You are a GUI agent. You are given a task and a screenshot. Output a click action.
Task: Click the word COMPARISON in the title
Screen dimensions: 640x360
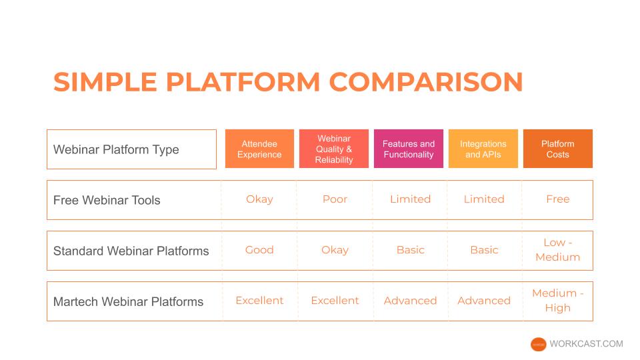point(426,81)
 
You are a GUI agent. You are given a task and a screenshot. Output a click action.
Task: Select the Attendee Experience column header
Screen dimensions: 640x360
point(259,149)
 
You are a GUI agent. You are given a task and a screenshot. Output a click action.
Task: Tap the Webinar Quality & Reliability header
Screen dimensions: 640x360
point(334,149)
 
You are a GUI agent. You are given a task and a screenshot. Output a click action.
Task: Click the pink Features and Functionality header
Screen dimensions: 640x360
point(409,149)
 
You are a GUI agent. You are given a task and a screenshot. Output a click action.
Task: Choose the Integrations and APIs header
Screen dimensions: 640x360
point(483,149)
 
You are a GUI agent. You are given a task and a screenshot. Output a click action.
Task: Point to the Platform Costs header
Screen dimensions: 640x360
point(558,149)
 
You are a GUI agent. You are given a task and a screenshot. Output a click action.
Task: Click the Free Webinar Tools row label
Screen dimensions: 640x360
point(107,200)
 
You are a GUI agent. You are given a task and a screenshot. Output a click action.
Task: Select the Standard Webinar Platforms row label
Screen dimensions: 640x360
point(131,251)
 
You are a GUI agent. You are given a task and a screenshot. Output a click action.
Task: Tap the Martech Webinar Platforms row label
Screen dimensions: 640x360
point(128,301)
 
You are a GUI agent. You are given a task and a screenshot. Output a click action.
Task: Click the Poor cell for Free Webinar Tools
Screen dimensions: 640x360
point(335,199)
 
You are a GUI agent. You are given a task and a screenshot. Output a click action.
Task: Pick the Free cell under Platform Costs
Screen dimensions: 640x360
point(558,199)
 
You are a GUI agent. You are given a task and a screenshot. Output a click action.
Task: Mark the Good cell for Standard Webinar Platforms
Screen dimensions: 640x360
point(259,250)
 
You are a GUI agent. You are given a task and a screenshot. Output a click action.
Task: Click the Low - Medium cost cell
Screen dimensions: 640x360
point(558,250)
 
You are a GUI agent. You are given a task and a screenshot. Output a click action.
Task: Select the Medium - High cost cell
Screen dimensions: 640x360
point(558,301)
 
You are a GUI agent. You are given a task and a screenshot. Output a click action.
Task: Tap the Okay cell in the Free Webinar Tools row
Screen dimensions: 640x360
point(259,199)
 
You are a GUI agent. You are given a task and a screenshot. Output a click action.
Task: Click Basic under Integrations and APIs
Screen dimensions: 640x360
point(484,250)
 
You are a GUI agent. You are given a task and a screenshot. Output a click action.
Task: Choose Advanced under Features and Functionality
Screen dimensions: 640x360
point(410,301)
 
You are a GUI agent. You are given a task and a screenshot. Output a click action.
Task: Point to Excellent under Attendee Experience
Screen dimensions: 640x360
point(259,301)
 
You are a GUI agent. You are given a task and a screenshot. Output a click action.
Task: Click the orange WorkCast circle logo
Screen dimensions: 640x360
point(539,345)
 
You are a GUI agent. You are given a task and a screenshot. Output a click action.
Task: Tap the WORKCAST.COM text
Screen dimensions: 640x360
point(586,344)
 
